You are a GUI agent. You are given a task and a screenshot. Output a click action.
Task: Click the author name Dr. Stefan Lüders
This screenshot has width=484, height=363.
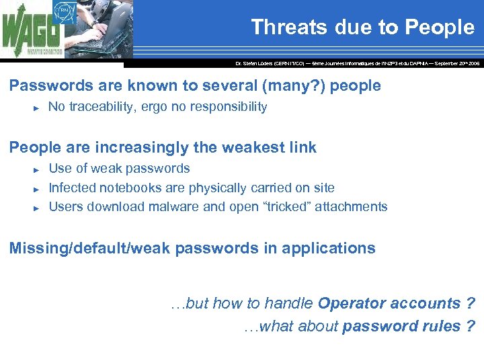coord(254,63)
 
